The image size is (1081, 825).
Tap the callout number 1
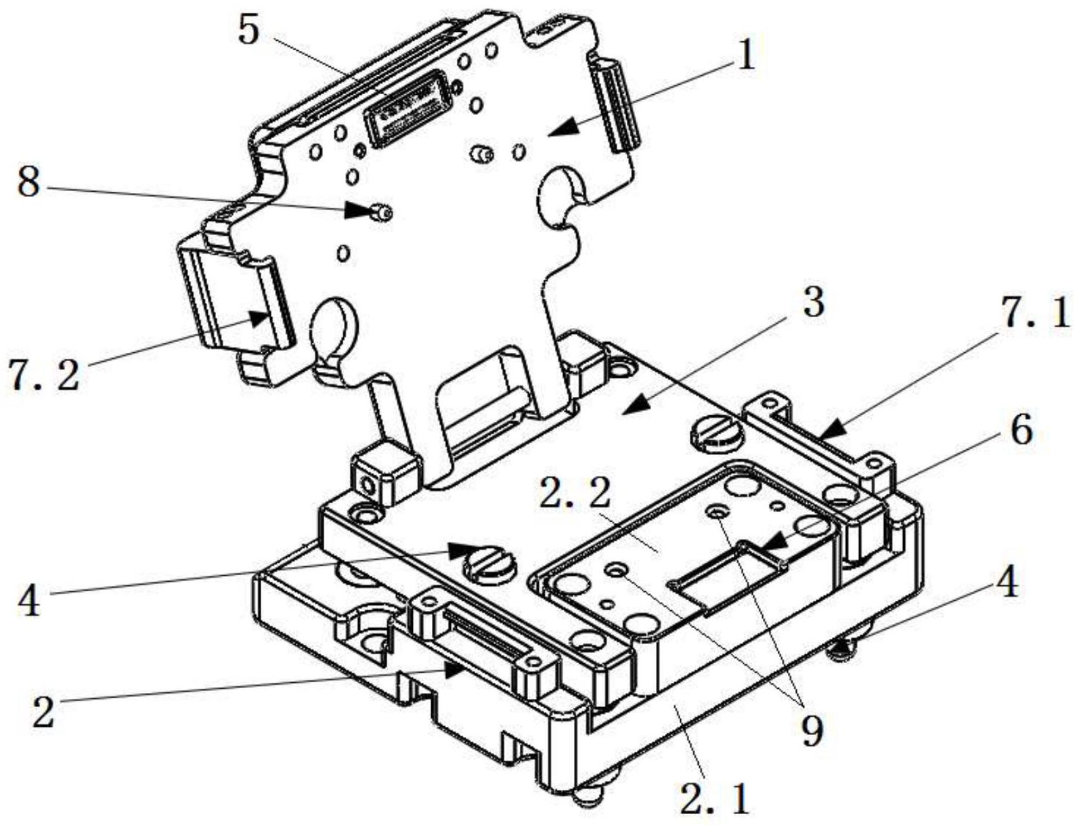[x=746, y=57]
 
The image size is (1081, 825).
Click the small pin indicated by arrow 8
[x=382, y=213]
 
